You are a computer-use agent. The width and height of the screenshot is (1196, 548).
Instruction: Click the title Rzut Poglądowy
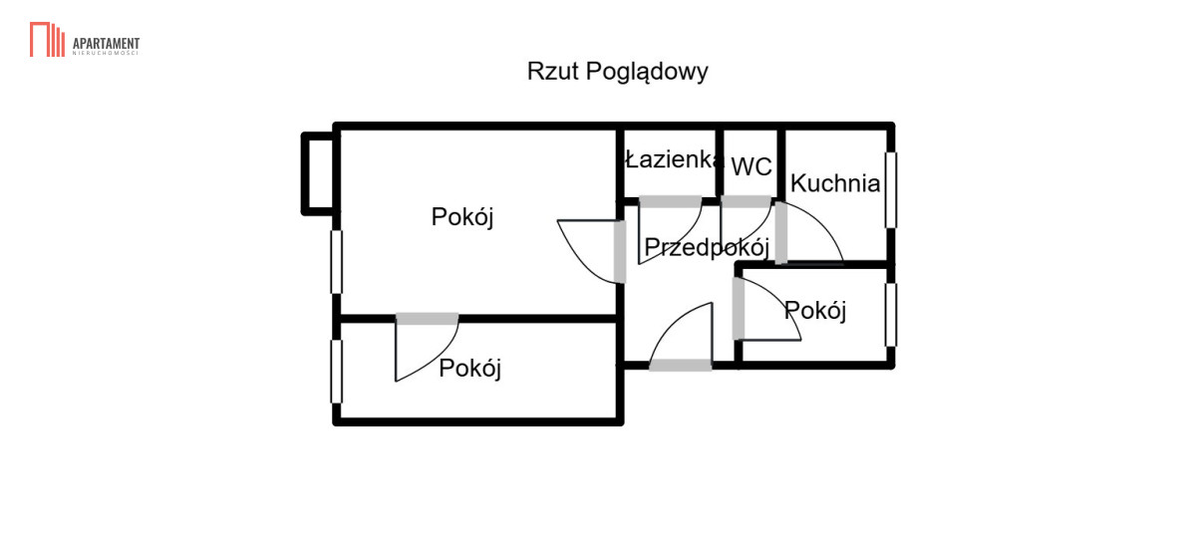(x=617, y=72)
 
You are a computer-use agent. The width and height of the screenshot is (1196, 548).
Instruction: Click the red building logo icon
(x=47, y=39)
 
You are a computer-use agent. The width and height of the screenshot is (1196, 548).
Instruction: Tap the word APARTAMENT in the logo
(x=106, y=44)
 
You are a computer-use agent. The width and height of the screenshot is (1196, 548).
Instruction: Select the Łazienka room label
(x=674, y=158)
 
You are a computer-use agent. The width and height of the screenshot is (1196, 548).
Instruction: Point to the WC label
(x=751, y=167)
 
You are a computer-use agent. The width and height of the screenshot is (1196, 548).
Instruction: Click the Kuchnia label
(x=835, y=183)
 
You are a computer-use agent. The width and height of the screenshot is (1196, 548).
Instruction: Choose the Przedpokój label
(x=707, y=247)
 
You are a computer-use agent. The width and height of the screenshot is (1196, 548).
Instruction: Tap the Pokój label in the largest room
(x=462, y=217)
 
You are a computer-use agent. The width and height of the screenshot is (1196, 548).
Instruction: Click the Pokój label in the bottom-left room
(x=469, y=369)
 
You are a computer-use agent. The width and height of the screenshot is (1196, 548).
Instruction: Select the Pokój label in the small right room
(x=815, y=311)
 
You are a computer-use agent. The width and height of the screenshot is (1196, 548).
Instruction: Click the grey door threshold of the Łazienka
(x=670, y=201)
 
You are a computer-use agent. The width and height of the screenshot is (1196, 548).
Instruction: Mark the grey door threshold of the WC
(x=746, y=201)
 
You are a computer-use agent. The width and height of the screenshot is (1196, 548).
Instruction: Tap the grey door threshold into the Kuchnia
(x=780, y=232)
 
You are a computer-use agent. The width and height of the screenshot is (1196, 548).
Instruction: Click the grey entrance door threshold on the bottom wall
(x=680, y=366)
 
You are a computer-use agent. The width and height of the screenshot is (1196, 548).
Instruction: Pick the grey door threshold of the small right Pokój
(x=738, y=309)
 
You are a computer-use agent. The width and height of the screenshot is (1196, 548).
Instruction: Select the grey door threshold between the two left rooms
(x=427, y=319)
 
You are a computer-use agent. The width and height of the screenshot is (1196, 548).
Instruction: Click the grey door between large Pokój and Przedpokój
(x=619, y=252)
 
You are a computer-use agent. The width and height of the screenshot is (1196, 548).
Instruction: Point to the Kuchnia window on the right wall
(x=891, y=190)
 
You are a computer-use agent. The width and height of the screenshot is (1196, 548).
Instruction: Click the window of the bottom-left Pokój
(x=337, y=372)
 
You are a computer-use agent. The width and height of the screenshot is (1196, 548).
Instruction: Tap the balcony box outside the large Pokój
(x=319, y=174)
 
